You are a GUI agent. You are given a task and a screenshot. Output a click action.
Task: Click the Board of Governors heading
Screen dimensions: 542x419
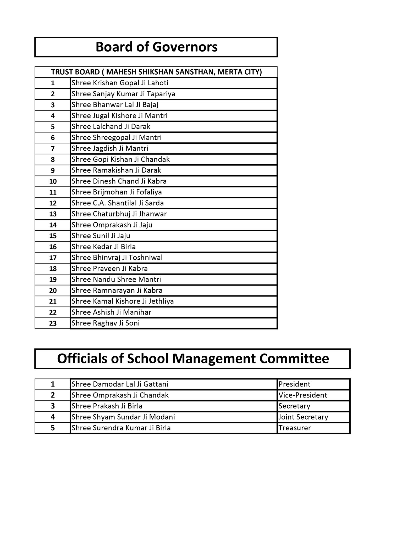(x=156, y=47)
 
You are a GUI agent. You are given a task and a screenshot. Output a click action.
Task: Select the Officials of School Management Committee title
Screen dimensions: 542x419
(x=193, y=359)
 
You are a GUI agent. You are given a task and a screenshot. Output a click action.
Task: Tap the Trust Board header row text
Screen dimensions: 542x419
(x=156, y=72)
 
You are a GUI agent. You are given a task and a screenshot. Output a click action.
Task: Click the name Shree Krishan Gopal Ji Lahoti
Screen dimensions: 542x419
(x=120, y=83)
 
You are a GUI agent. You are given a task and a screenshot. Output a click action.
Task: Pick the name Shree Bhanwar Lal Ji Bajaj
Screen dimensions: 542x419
(x=115, y=105)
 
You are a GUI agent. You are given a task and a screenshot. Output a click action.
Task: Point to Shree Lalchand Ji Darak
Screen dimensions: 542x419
(x=111, y=127)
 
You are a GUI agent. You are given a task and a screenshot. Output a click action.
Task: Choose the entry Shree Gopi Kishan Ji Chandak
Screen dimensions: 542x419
(x=121, y=159)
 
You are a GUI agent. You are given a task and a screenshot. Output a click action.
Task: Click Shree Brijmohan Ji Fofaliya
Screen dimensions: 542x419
(x=117, y=192)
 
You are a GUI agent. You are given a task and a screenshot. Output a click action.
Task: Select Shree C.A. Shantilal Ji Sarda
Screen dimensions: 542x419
(x=118, y=203)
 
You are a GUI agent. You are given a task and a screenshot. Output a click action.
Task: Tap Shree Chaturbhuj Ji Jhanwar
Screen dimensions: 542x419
(x=119, y=214)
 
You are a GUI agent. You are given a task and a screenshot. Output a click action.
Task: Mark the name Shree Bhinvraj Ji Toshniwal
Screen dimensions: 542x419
(x=117, y=258)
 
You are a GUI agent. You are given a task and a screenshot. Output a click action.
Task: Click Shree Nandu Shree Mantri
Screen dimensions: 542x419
(x=116, y=280)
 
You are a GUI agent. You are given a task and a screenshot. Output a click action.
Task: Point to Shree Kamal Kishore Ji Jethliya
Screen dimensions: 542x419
(x=123, y=301)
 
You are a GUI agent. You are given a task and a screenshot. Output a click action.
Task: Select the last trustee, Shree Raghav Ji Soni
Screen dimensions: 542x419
(x=106, y=323)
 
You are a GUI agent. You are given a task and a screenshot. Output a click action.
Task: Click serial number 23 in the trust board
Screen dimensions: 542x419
(x=53, y=323)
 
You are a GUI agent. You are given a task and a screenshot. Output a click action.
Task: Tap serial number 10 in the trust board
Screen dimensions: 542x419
(x=53, y=181)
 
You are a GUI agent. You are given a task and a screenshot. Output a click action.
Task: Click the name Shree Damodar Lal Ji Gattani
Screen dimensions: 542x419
(x=120, y=384)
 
